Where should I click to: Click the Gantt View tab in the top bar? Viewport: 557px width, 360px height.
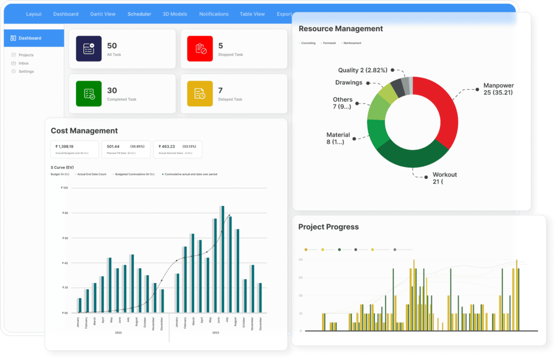(103, 14)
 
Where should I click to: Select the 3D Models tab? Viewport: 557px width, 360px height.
(175, 14)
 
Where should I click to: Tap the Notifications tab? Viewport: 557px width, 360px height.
(214, 14)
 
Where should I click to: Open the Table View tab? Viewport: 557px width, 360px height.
(252, 14)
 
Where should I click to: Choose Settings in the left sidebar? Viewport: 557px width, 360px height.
(26, 71)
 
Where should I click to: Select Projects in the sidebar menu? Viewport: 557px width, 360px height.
(26, 55)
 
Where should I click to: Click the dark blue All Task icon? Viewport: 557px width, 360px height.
(89, 49)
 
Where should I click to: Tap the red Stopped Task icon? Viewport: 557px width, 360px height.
(200, 49)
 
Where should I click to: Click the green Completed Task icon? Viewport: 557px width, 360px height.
(89, 94)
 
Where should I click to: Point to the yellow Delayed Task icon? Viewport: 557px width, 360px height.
(200, 94)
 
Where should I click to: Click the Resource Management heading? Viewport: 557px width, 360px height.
(341, 29)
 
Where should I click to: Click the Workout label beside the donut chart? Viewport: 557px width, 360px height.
(444, 175)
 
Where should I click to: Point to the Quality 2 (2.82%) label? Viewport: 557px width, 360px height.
(363, 70)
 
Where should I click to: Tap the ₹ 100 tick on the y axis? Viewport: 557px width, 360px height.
(64, 188)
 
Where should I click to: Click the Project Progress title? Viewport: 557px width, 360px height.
(328, 227)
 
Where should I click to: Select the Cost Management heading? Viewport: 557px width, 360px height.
(84, 131)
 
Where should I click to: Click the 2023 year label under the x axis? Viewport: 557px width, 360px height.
(215, 332)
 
